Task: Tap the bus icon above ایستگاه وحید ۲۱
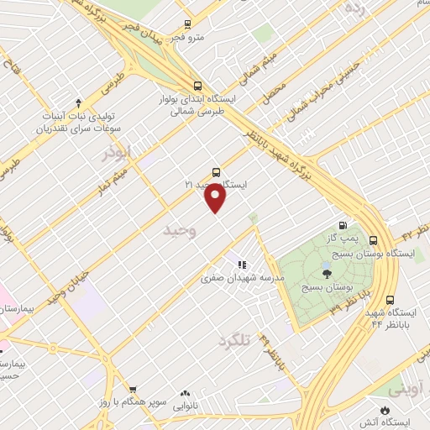217,172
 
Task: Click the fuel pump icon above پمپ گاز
342,225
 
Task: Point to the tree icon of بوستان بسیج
327,272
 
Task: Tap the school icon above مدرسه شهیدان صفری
242,265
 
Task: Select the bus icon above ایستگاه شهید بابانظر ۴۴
390,300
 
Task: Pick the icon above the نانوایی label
184,392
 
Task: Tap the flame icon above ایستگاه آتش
385,409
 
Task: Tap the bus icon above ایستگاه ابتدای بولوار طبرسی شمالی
197,85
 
